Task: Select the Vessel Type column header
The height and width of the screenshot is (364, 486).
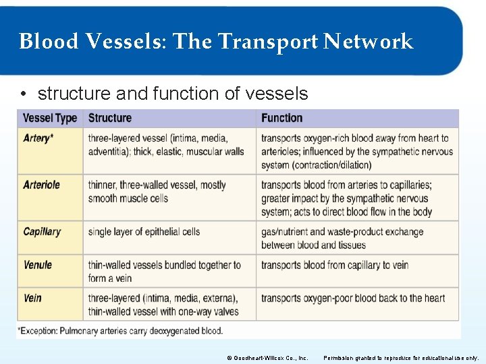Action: point(50,118)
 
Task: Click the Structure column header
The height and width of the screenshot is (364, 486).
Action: point(110,118)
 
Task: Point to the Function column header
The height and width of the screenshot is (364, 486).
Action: point(281,118)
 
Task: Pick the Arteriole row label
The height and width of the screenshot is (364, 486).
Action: point(41,185)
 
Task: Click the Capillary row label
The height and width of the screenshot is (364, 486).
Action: point(42,232)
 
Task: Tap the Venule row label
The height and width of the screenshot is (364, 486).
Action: point(38,265)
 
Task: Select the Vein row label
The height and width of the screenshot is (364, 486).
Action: point(32,298)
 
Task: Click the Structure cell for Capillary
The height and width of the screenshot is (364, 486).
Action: point(144,232)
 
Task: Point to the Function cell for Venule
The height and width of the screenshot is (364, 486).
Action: point(335,265)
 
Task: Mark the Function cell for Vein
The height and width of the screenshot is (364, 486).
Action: point(353,298)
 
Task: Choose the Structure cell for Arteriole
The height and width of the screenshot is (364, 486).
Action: point(157,191)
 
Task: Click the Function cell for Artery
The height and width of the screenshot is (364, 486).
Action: point(356,152)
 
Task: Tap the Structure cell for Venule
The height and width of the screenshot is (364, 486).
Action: point(164,272)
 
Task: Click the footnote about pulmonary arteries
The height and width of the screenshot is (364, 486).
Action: point(122,331)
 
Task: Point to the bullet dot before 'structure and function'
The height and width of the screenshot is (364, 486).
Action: point(24,94)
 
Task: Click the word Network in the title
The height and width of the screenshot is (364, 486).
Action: point(368,42)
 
